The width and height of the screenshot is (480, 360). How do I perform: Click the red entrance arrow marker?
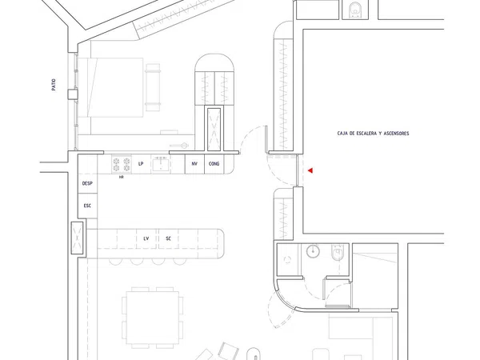pos(310,170)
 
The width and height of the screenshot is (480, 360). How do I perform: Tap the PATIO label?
pos(54,85)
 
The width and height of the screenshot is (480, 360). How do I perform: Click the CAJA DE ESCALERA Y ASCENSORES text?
pos(373,134)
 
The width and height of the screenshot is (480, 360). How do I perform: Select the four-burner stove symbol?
pos(122,164)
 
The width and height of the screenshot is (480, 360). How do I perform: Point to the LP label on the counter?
pos(141,164)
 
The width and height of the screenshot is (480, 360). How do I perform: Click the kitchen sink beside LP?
pos(161,164)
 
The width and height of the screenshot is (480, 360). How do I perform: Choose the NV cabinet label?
pos(194,164)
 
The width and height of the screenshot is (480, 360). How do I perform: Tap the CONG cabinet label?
pos(214,164)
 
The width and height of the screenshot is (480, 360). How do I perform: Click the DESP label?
pos(87,183)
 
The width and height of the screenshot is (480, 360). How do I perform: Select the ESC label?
pos(87,206)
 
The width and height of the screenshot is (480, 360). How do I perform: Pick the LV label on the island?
pos(146,238)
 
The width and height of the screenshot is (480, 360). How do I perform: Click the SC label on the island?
pos(168,238)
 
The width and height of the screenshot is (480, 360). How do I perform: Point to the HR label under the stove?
pos(122,178)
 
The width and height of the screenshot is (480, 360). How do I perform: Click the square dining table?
pos(153,318)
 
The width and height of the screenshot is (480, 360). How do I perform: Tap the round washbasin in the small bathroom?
pos(313,251)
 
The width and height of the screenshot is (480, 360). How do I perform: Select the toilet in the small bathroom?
pos(338,253)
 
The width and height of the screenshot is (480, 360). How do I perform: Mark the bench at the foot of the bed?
pos(153,87)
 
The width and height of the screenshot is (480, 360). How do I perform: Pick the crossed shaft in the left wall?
pos(77,238)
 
